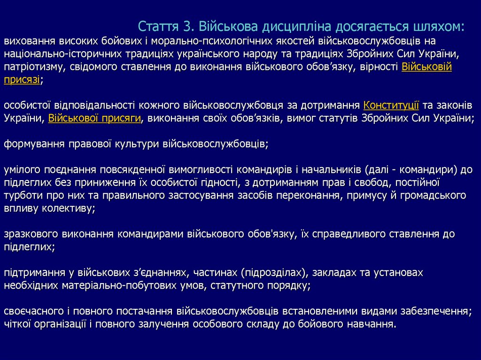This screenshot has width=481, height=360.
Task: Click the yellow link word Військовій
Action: (427, 67)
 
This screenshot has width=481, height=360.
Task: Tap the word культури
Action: (136, 144)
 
